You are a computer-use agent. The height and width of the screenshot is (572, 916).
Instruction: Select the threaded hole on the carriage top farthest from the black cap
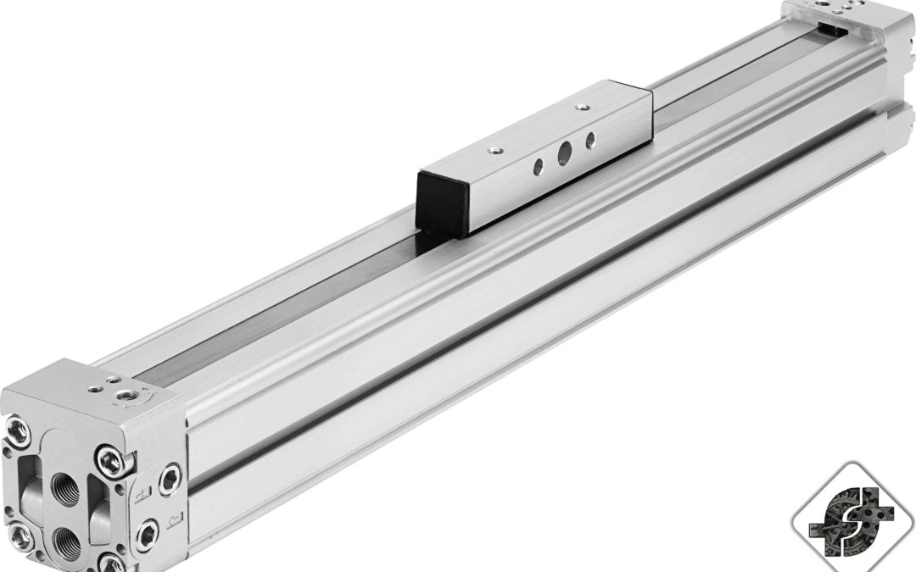pos(581,108)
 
